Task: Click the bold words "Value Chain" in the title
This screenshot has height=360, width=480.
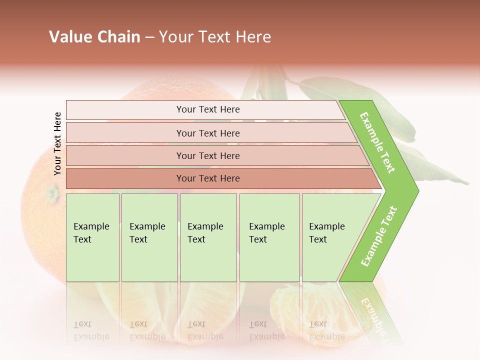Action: point(94,37)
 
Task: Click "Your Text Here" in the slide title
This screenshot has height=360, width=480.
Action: point(215,37)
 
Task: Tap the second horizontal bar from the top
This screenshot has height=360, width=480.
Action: point(208,133)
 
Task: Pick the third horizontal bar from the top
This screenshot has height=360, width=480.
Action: point(208,155)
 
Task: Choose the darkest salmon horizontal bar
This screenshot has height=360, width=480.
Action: point(208,178)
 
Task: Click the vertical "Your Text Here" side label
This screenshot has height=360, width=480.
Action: point(57,144)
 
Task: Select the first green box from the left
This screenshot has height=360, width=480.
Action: point(92,237)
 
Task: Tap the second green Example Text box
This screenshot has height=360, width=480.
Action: point(149,237)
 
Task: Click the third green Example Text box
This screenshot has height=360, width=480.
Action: point(208,237)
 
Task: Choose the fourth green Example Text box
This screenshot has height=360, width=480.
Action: point(269,237)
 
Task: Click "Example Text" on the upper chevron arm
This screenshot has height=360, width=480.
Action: point(377,142)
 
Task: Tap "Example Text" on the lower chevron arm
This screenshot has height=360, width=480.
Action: point(379,236)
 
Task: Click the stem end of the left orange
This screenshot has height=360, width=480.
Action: point(51,192)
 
